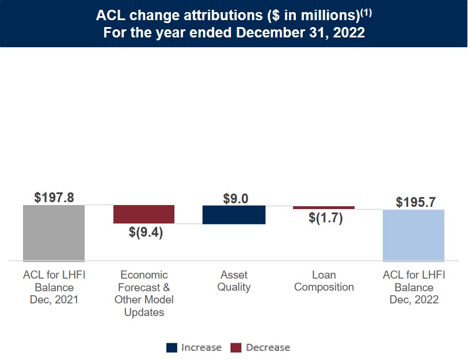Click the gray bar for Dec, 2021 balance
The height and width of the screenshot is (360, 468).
54,233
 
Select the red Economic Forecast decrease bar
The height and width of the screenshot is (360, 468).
143,214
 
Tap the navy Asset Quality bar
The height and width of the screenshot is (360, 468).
234,214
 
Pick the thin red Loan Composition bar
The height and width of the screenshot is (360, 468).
324,207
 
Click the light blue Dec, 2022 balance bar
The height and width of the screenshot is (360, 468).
413,235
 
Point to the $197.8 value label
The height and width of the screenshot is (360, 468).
54,198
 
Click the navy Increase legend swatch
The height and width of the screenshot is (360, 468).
172,347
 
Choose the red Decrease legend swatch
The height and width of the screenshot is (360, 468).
236,347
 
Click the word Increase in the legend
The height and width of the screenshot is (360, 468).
201,347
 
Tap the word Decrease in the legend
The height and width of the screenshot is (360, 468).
268,347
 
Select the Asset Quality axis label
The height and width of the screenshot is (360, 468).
234,281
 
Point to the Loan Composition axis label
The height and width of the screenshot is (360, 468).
324,281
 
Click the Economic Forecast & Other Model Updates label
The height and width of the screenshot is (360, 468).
144,294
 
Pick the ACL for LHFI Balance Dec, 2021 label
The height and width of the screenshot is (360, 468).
54,287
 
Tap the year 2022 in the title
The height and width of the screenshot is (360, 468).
347,32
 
